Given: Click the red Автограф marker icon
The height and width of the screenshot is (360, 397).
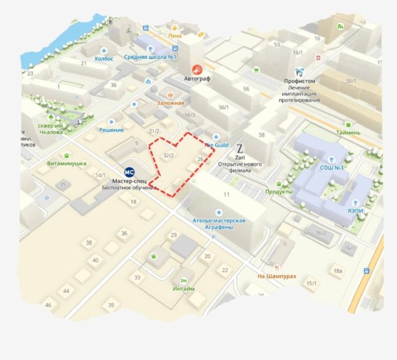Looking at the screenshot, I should coord(197,69).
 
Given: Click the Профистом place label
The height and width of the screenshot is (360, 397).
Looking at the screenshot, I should coord(300,81).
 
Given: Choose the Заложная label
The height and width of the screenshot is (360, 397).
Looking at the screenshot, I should coord(171,103).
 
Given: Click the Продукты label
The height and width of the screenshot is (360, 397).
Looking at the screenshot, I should coord(279,191).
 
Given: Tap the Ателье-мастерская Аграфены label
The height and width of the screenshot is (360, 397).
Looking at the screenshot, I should coord(219,224).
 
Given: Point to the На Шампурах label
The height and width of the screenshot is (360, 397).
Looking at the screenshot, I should coord(276,276).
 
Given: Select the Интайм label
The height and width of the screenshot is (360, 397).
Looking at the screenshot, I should coord(184,289).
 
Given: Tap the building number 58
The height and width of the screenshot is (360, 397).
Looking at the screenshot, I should coord(261,135).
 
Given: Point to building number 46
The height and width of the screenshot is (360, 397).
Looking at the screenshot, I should coord(48,305).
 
